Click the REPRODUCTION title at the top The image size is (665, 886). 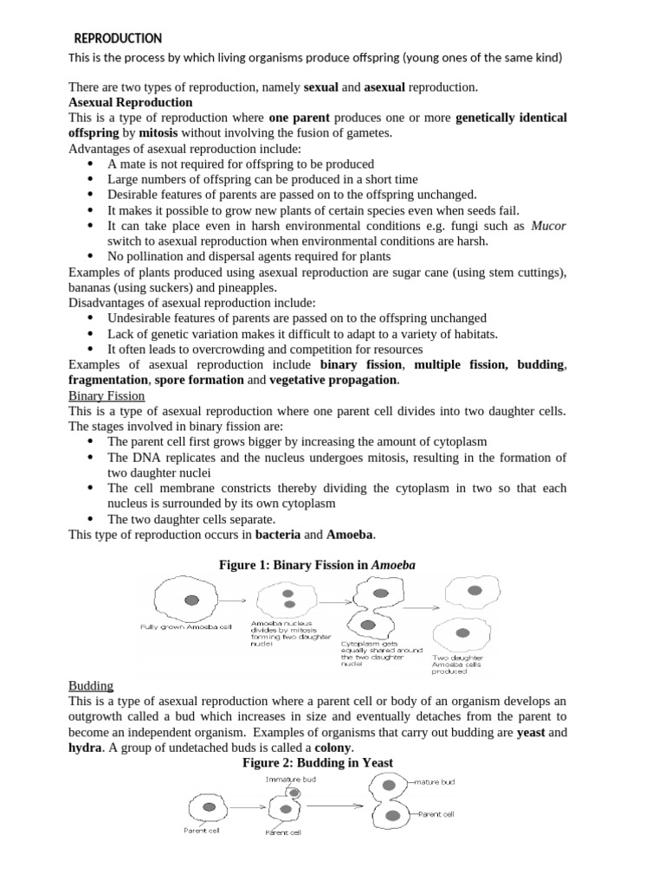click(118, 38)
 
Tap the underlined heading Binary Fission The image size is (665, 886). click(107, 395)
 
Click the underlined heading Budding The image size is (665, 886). click(91, 685)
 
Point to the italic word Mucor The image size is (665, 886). click(548, 226)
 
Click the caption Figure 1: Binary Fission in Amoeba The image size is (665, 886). click(317, 565)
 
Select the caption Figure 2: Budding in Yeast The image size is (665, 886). click(318, 762)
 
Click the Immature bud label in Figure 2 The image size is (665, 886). click(291, 779)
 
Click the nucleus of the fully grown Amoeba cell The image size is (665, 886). click(191, 599)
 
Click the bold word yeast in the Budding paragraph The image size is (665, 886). click(530, 732)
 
